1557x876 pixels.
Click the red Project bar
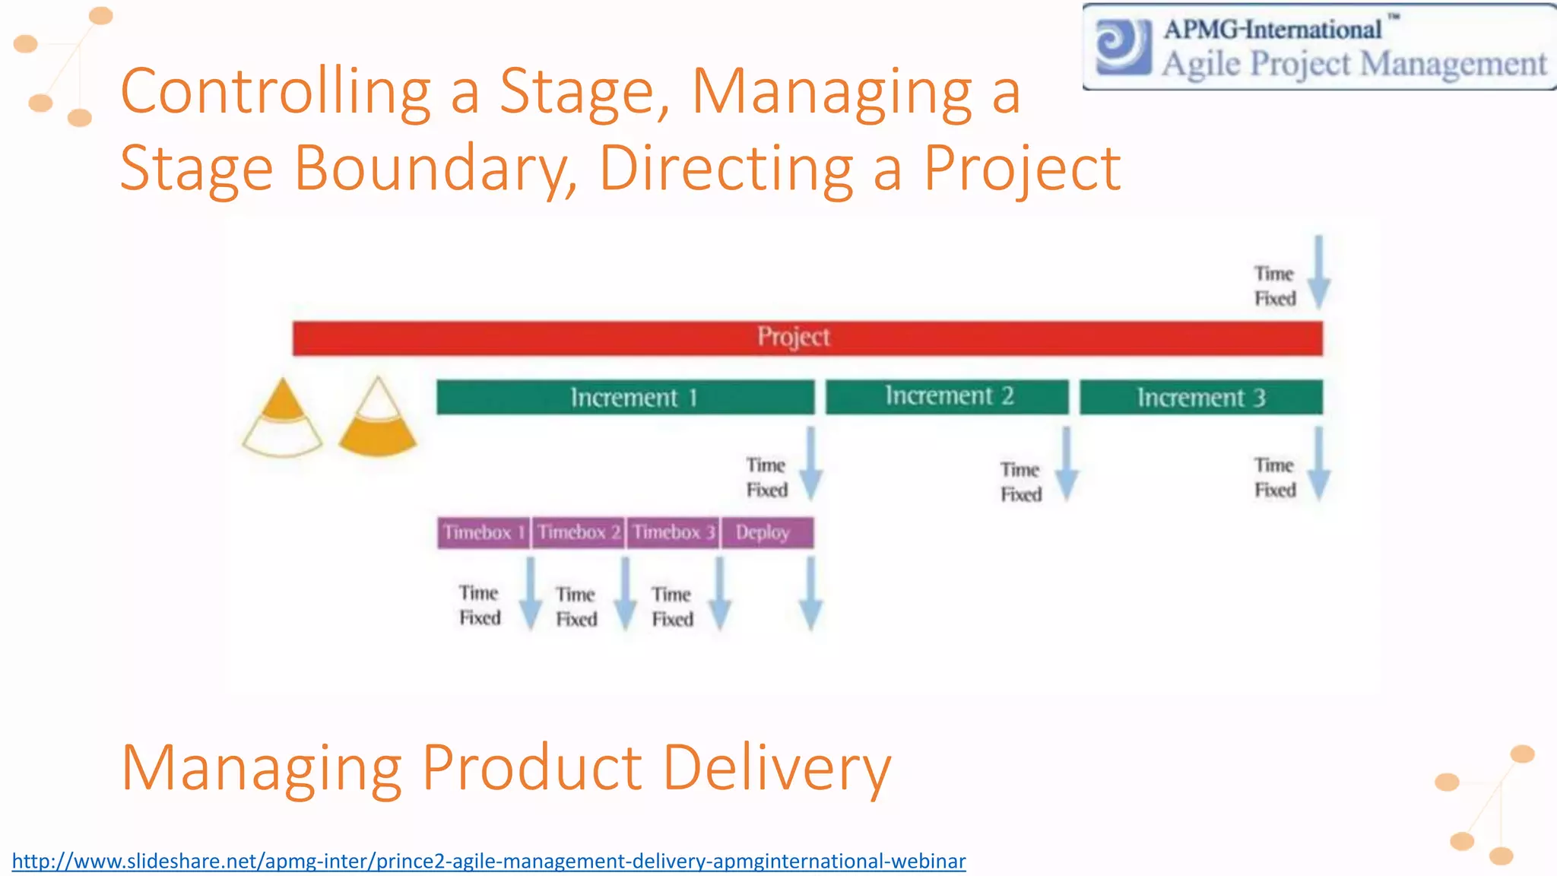click(x=807, y=338)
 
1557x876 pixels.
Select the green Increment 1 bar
click(x=625, y=397)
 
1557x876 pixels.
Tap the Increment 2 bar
click(x=947, y=396)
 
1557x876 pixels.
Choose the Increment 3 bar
click(x=1200, y=397)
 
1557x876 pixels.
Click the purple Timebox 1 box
click(x=484, y=532)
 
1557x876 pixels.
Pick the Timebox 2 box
click(x=579, y=532)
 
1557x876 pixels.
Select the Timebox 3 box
click(x=673, y=532)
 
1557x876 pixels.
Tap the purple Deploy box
click(x=766, y=532)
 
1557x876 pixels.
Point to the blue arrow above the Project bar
click(x=1319, y=272)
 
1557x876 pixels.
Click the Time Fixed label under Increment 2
click(x=1020, y=482)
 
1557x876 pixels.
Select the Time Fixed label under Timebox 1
click(x=480, y=605)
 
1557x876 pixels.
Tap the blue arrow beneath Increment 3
click(x=1319, y=464)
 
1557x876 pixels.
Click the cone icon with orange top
click(x=282, y=418)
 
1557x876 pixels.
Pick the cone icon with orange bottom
click(x=378, y=418)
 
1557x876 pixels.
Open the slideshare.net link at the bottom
click(x=489, y=861)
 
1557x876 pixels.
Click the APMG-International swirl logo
click(x=1123, y=46)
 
